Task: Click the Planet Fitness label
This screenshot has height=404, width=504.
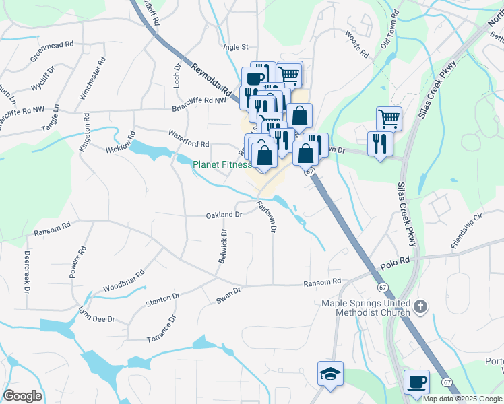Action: tap(222, 164)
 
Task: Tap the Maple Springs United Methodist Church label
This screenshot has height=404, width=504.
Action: tap(365, 307)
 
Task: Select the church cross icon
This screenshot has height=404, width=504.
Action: tap(420, 308)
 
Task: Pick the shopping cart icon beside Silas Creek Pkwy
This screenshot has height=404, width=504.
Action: tap(389, 119)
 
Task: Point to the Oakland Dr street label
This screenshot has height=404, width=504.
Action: tap(224, 215)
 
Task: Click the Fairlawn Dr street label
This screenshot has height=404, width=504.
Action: tap(267, 216)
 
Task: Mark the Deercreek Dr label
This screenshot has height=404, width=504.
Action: tap(28, 272)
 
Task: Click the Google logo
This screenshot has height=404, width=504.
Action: tap(22, 396)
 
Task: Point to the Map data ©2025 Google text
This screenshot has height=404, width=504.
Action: tap(462, 399)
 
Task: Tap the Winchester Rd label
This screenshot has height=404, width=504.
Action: tap(92, 79)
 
